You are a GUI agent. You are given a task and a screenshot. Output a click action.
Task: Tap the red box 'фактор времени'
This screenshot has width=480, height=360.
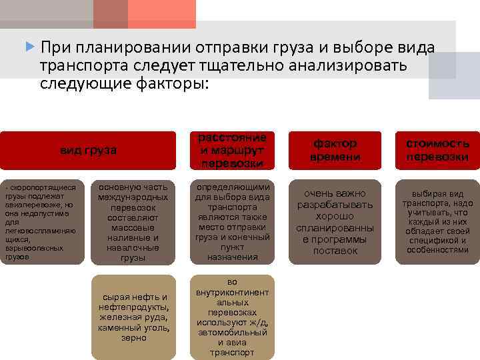[x=335, y=150]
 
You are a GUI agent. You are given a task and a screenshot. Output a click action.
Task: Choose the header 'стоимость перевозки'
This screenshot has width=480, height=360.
[x=437, y=150]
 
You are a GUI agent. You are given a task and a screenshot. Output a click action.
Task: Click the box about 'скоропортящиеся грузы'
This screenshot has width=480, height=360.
[x=42, y=221]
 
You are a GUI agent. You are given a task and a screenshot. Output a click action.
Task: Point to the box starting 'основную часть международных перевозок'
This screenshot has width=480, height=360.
[x=134, y=221]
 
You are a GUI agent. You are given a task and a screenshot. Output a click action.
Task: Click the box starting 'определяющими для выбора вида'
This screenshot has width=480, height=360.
[x=233, y=221]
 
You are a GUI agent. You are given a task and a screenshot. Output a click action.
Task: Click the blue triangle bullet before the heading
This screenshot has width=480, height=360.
[x=29, y=47]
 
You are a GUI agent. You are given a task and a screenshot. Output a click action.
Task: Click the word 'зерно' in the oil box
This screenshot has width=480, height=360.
[x=134, y=338]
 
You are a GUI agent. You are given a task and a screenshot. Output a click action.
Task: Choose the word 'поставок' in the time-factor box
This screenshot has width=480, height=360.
[x=335, y=251]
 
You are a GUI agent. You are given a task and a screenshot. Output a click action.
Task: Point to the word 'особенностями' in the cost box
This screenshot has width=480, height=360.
[x=437, y=250]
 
